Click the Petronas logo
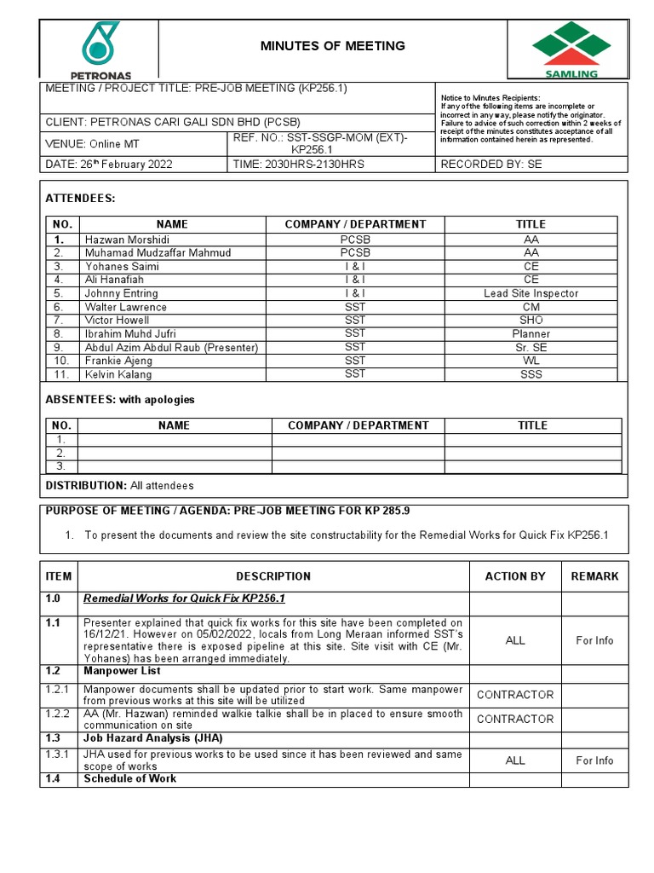100,49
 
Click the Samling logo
565,49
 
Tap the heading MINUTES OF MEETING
332,46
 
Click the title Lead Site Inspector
531,293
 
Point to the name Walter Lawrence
126,307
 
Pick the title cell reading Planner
531,334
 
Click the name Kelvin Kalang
118,374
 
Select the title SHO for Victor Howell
531,321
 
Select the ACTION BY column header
515,576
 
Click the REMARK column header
594,576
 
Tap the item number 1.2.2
58,714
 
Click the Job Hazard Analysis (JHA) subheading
153,737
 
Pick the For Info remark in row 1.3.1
594,760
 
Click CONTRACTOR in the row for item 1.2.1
515,695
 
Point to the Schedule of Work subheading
130,778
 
